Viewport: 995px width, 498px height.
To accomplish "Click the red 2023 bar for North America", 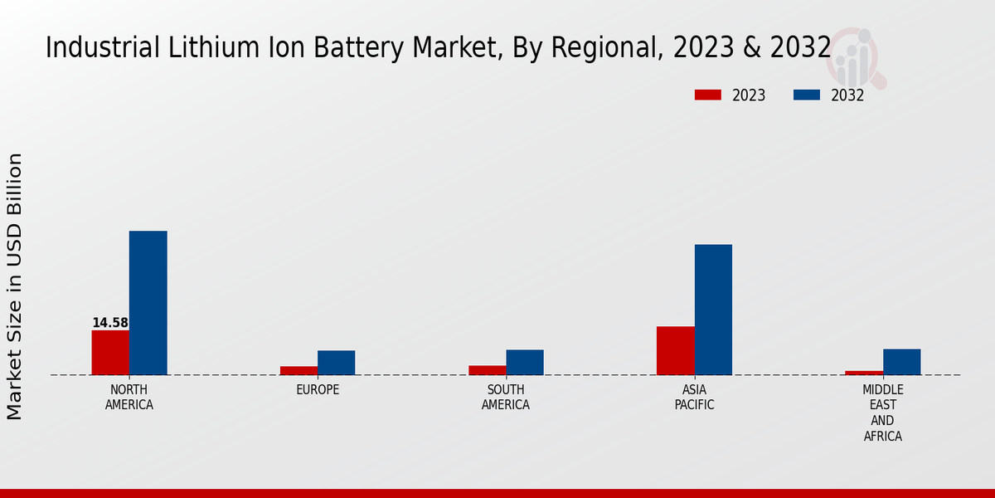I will [x=110, y=353].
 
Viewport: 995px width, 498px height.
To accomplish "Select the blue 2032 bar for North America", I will [x=148, y=303].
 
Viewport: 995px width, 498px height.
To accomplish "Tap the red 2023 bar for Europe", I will [x=298, y=370].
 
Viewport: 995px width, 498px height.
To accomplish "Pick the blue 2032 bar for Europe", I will [x=337, y=363].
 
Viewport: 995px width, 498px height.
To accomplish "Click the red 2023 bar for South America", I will [x=488, y=370].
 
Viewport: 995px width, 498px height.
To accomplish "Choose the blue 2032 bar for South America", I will [x=525, y=362].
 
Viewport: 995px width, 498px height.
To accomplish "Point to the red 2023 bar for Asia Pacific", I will [x=676, y=350].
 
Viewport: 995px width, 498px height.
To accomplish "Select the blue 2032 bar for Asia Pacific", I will [x=713, y=310].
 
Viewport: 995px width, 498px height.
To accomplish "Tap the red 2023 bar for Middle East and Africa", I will [x=864, y=373].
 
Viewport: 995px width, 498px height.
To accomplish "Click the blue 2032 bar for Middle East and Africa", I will [x=902, y=362].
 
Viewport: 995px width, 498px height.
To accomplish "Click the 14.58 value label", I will [x=110, y=323].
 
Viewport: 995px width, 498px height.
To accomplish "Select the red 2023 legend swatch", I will [x=708, y=95].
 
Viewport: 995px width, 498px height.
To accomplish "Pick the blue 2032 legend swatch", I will [x=807, y=95].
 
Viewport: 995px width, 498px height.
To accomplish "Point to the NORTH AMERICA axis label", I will [x=129, y=398].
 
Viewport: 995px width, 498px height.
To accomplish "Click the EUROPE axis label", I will [x=318, y=390].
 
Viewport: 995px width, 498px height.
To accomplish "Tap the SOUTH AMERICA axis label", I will [x=506, y=398].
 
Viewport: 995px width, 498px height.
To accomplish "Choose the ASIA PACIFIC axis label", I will [x=694, y=398].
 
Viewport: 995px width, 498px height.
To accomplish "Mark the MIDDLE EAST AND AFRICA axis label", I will [x=883, y=413].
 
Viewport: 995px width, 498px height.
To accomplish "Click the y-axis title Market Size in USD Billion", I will [x=15, y=286].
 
